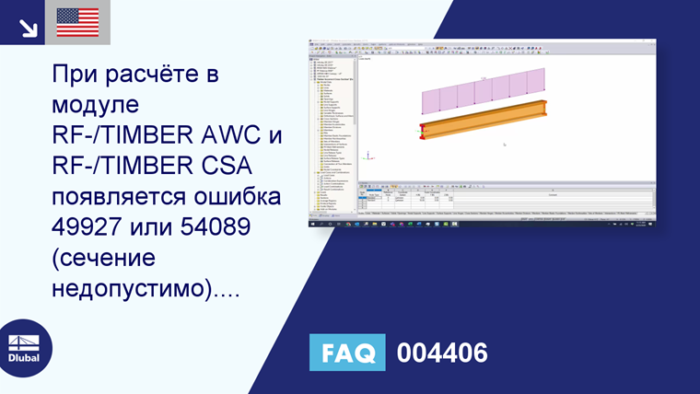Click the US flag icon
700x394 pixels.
[77, 22]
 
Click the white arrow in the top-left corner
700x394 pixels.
[28, 26]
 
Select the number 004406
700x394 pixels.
[441, 352]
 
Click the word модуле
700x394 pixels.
[96, 104]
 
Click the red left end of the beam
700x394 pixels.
[422, 130]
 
